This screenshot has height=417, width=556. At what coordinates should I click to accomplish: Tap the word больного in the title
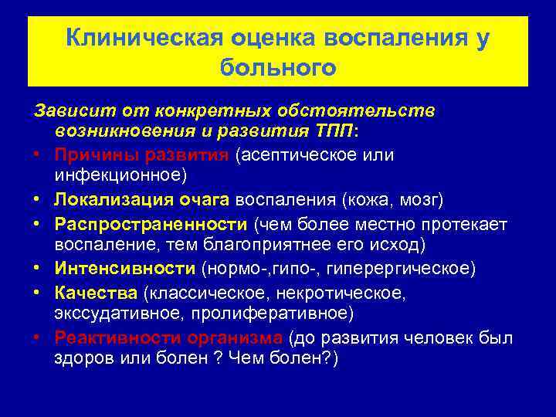click(x=278, y=68)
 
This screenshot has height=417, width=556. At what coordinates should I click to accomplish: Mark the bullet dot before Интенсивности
click(x=38, y=269)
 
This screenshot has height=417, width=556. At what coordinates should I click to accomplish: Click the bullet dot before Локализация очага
click(x=38, y=200)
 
